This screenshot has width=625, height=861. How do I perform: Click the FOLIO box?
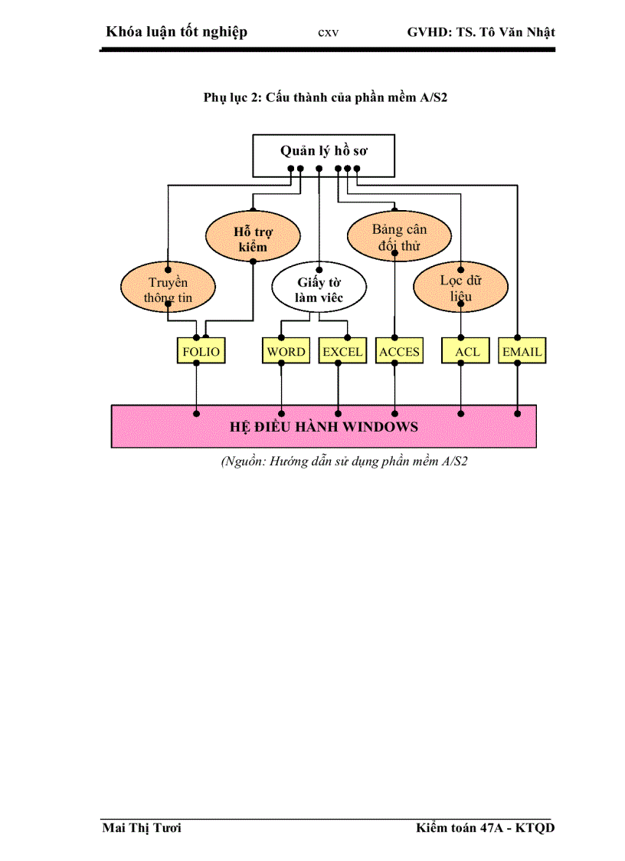tap(201, 352)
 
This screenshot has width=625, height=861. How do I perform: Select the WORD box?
tap(286, 352)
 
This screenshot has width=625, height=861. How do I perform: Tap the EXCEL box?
tap(342, 352)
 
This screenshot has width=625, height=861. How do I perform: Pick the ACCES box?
tap(399, 352)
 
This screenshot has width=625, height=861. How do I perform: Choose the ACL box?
tap(466, 352)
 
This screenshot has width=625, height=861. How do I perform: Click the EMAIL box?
tap(522, 352)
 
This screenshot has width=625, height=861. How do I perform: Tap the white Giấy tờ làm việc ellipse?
tap(319, 288)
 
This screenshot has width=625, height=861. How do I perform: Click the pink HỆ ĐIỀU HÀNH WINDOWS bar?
tap(323, 426)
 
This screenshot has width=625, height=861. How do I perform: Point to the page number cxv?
tap(328, 33)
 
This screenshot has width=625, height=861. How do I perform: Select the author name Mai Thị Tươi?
tap(142, 828)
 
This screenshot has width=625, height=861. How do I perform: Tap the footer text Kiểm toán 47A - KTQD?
tap(485, 828)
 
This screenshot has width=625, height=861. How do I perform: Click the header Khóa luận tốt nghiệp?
tap(177, 32)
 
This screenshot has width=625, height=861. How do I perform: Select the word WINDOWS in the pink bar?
tap(375, 426)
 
